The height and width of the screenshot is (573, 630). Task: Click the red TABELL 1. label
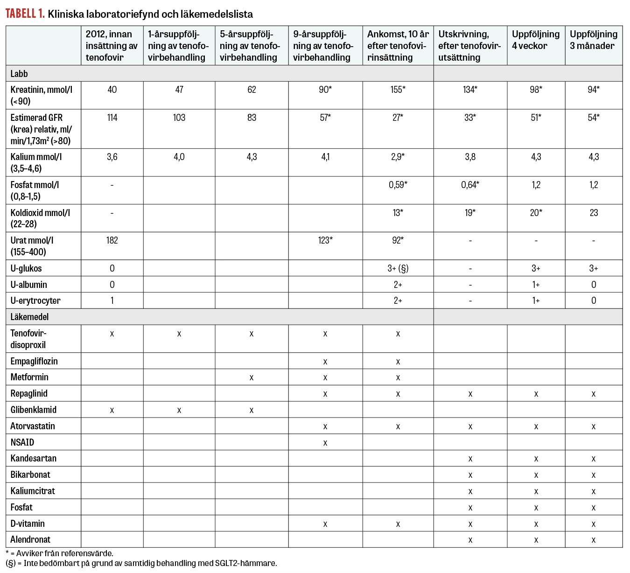[25, 14]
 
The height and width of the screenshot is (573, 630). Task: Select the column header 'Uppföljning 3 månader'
[593, 40]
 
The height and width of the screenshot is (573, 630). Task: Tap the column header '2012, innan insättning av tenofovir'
[112, 46]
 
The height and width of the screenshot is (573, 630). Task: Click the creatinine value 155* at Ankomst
[398, 90]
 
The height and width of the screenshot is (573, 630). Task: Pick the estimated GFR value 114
[112, 118]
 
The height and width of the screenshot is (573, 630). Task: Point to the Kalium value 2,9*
[398, 157]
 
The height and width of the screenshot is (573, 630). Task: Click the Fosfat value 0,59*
[398, 185]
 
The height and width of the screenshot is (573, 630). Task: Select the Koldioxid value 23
[594, 213]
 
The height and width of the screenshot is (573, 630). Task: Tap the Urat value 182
[112, 241]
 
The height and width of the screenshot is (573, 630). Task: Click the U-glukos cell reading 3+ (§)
[398, 268]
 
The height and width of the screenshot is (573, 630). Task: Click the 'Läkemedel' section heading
[29, 317]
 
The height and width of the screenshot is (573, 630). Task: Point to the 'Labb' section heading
[19, 74]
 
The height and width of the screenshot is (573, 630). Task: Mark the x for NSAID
[325, 443]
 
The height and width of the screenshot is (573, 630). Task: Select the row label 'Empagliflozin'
[34, 361]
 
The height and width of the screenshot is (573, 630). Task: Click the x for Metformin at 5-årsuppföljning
[252, 377]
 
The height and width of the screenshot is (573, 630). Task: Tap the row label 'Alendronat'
[30, 540]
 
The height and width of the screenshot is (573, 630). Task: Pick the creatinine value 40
[112, 90]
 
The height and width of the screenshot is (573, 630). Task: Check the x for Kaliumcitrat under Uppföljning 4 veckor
[536, 491]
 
